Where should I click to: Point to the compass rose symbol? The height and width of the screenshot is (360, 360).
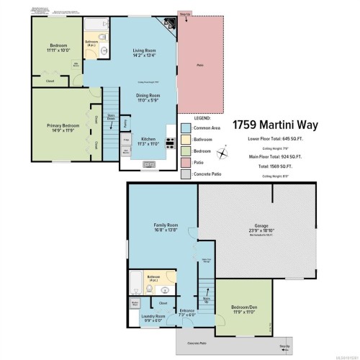click(225, 152)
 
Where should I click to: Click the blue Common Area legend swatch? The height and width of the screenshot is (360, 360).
click(185, 127)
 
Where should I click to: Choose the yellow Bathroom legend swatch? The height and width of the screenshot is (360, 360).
click(185, 140)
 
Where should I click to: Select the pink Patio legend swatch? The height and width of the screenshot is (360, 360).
click(185, 163)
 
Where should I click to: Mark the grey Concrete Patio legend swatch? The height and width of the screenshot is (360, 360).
click(185, 175)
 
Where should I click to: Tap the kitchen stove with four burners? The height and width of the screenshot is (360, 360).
click(170, 142)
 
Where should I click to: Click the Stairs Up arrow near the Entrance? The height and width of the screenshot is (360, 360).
click(206, 298)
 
